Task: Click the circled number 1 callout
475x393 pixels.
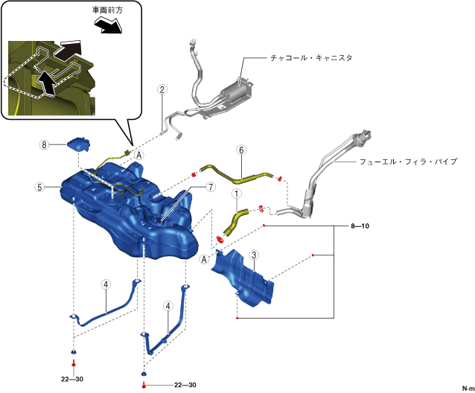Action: (x=236, y=194)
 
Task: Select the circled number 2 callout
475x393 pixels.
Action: (x=162, y=90)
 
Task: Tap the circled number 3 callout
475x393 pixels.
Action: (x=254, y=256)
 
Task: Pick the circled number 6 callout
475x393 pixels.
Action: (x=240, y=150)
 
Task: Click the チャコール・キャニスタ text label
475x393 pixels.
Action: (x=311, y=57)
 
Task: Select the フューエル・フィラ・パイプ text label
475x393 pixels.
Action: (x=407, y=161)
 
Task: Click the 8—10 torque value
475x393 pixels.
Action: (x=360, y=225)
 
